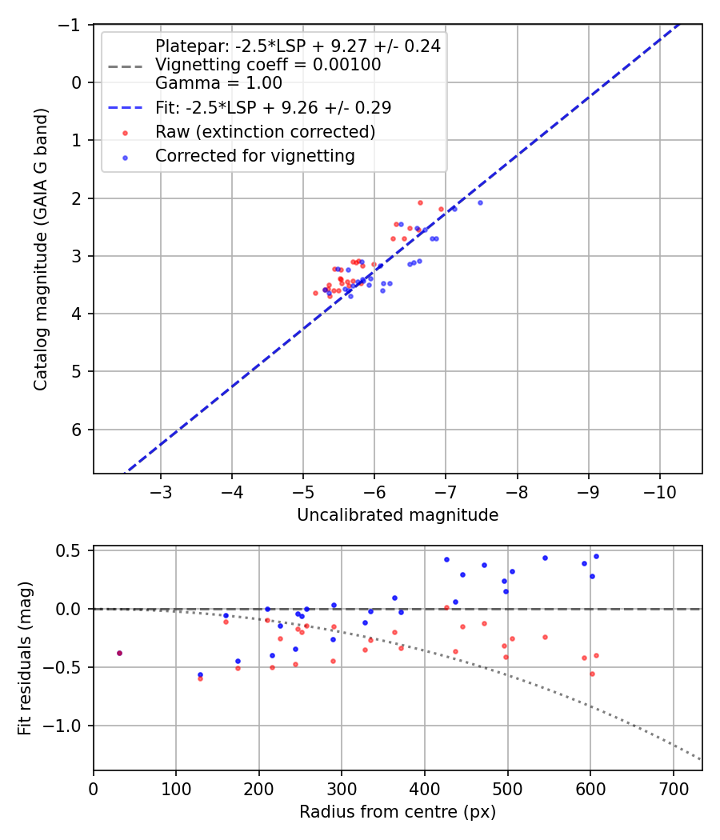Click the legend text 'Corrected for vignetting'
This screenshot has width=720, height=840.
click(x=254, y=156)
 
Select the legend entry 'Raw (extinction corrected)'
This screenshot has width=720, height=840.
click(x=265, y=131)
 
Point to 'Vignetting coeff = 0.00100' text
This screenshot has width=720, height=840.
click(x=268, y=64)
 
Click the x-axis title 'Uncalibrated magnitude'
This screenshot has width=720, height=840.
click(x=398, y=515)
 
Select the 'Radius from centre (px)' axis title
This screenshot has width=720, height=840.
click(x=398, y=812)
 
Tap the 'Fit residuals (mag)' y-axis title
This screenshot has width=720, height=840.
click(x=24, y=658)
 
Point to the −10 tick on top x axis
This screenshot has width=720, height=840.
click(x=659, y=489)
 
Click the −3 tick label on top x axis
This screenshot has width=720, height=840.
click(x=161, y=489)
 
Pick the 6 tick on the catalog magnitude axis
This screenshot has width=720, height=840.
click(x=78, y=430)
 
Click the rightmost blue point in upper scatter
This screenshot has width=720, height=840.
click(x=480, y=202)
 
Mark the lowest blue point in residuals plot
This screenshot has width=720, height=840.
click(x=200, y=674)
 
